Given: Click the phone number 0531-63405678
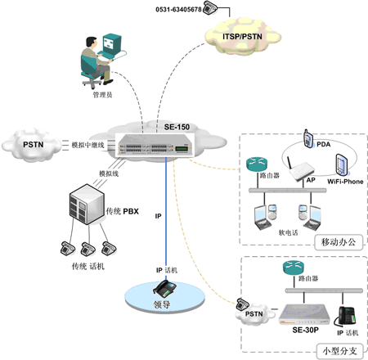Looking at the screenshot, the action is click(178, 10).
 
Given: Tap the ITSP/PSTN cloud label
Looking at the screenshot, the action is click(242, 37).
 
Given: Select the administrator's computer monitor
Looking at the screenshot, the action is click(112, 43).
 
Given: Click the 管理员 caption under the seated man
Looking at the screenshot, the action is click(102, 95).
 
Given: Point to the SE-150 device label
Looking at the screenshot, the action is click(177, 127).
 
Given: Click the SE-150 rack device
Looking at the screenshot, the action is click(155, 146).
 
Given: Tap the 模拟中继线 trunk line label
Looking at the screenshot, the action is click(88, 145).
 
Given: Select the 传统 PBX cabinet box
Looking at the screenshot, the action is click(87, 205).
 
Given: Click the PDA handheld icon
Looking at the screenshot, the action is click(308, 138).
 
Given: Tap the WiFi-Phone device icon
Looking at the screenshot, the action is click(342, 164).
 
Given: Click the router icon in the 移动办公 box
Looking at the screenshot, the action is click(257, 164).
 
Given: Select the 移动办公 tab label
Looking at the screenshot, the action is click(339, 242).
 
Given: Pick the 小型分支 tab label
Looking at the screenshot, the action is click(340, 351).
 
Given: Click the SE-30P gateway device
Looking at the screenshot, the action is click(304, 314).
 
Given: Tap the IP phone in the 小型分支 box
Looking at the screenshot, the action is click(346, 317).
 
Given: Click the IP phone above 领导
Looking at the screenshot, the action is click(164, 289).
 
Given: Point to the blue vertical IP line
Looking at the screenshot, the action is click(166, 218).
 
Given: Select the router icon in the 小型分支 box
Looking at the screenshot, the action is click(294, 268).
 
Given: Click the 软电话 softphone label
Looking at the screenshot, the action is click(288, 232).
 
